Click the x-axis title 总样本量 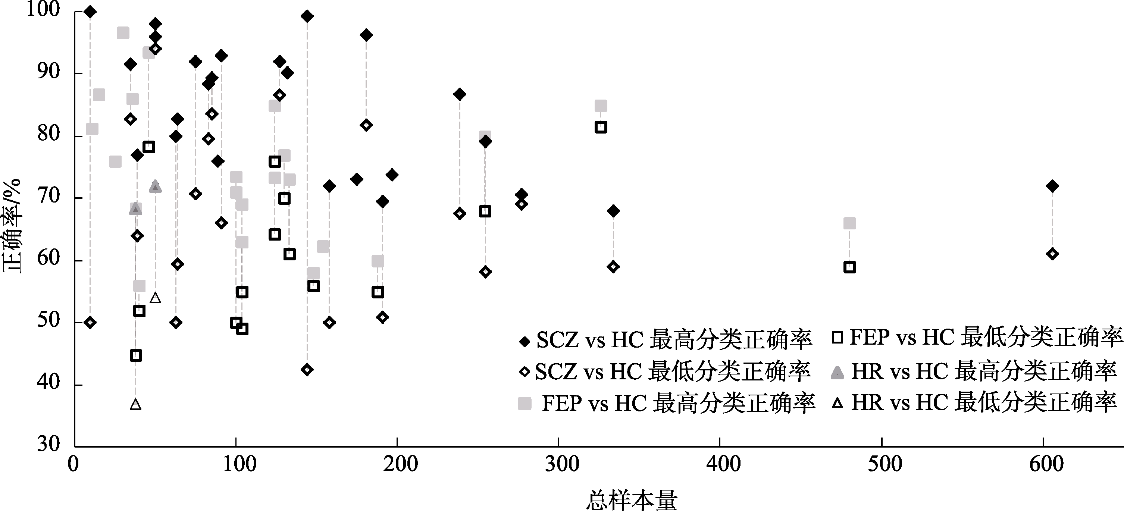pyautogui.click(x=631, y=500)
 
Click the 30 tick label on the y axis pyautogui.click(x=48, y=444)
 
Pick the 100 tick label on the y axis pyautogui.click(x=43, y=10)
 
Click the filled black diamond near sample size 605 pyautogui.click(x=1052, y=186)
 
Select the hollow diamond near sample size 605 pyautogui.click(x=1052, y=254)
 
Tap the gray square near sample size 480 pyautogui.click(x=849, y=223)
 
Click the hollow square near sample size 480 pyautogui.click(x=849, y=267)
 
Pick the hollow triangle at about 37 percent pyautogui.click(x=136, y=404)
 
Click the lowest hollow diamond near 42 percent pyautogui.click(x=307, y=370)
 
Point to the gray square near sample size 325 pyautogui.click(x=601, y=106)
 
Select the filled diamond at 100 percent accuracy pyautogui.click(x=90, y=12)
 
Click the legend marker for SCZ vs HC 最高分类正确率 pyautogui.click(x=525, y=341)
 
